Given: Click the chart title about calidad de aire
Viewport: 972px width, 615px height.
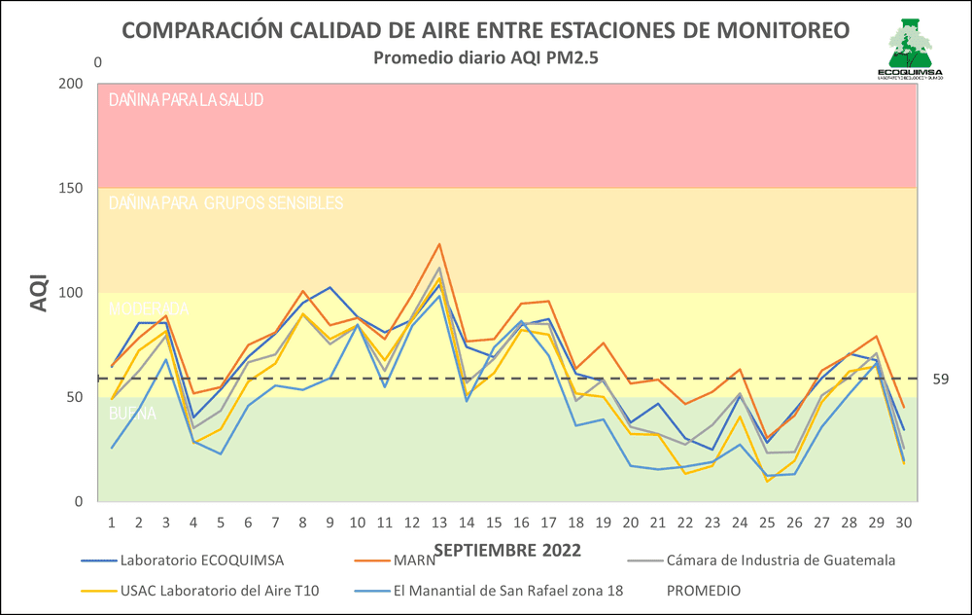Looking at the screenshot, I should (x=485, y=30).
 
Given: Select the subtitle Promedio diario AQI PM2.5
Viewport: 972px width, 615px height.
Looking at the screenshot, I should (x=486, y=57).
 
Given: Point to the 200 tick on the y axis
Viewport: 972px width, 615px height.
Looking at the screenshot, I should (x=70, y=84).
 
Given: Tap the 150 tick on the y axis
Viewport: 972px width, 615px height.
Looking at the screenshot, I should (x=70, y=188).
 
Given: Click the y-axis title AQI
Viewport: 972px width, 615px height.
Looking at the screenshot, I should (x=38, y=291).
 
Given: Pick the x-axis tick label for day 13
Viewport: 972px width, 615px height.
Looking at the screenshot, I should (x=438, y=522).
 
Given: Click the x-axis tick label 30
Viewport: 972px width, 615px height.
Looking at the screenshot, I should (x=904, y=522).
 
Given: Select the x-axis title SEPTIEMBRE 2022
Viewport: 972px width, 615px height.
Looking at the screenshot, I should (x=507, y=551).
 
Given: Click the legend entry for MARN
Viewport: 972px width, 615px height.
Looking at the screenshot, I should (x=415, y=561).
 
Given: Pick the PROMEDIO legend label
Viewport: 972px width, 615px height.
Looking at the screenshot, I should (x=704, y=591).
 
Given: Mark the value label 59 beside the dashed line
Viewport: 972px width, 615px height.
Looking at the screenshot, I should (x=940, y=379).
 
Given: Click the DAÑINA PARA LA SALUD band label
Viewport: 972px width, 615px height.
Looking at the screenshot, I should (x=187, y=99).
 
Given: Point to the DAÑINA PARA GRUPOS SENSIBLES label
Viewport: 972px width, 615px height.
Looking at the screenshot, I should (x=226, y=203).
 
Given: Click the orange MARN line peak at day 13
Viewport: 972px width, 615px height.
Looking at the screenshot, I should (x=438, y=244).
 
